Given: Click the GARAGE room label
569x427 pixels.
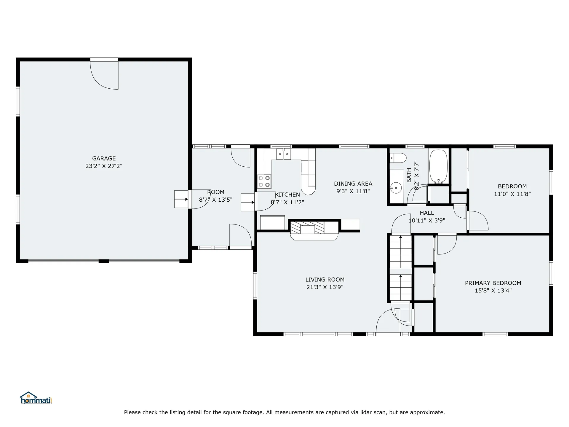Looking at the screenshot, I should [x=104, y=158].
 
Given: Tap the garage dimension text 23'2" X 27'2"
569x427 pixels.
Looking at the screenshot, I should [x=104, y=166].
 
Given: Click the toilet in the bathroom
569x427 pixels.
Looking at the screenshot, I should [x=398, y=158].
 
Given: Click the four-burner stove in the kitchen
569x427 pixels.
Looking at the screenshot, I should [x=264, y=181].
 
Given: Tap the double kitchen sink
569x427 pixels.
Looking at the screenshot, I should [x=284, y=154].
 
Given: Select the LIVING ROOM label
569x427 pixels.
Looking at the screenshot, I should [x=325, y=279].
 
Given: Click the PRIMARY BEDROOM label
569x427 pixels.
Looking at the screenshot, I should [x=493, y=283].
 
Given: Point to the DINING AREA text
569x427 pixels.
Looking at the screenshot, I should [x=353, y=184].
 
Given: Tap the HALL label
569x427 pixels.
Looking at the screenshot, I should [x=427, y=213].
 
